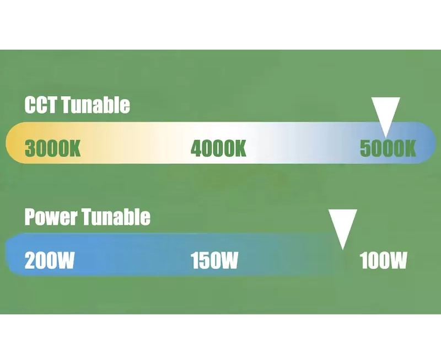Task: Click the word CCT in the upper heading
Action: pos(41,105)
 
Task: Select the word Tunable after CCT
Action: pos(95,105)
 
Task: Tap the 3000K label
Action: pos(52,148)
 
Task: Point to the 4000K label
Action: pos(218,148)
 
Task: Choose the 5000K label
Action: pos(388,148)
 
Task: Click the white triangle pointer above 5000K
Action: pos(385,113)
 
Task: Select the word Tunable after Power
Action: pos(116,217)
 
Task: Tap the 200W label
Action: pos(50,260)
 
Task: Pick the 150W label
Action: pos(214,260)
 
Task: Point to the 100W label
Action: pos(383,260)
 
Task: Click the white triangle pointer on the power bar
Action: pos(343,225)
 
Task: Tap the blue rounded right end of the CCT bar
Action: pos(428,143)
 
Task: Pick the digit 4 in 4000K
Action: pos(197,148)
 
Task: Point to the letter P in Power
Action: pos(30,217)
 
